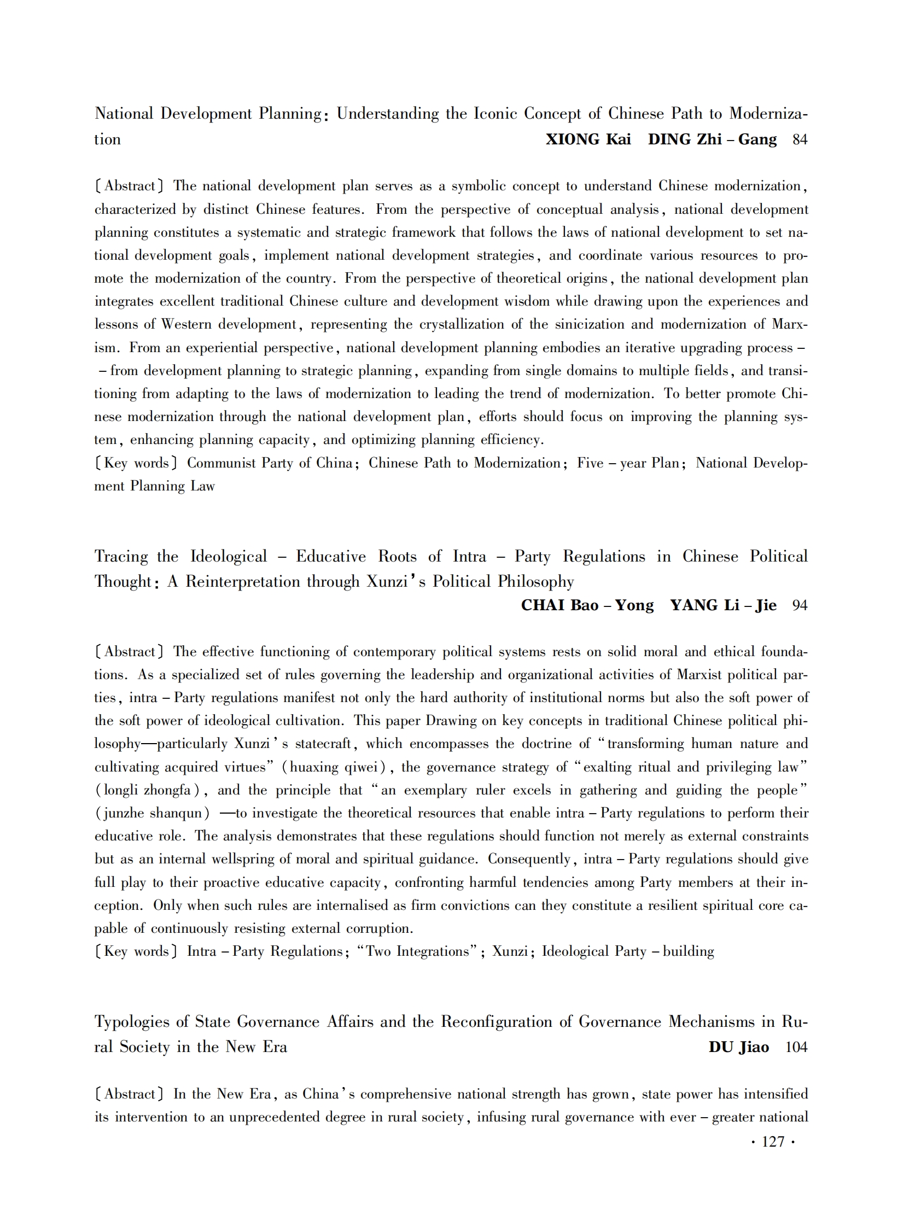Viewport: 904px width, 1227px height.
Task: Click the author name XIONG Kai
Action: [x=588, y=139]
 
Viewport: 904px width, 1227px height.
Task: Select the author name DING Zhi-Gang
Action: [x=712, y=139]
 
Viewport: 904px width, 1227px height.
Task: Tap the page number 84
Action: [x=800, y=139]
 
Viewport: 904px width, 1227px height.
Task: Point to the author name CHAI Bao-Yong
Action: [x=587, y=605]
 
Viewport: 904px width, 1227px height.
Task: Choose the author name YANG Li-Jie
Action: [x=723, y=605]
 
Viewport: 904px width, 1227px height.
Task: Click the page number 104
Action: [x=796, y=1047]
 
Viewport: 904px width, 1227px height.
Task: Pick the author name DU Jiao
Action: [x=738, y=1047]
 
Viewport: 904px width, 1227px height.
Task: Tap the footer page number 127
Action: [x=773, y=1142]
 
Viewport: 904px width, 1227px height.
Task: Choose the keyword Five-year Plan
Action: [x=628, y=463]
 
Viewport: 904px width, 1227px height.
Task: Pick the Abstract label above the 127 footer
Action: [x=129, y=1094]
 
